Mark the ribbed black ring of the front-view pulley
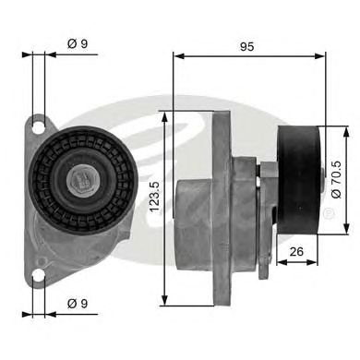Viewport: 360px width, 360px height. [55, 152]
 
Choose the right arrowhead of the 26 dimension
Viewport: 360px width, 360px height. [318, 261]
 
